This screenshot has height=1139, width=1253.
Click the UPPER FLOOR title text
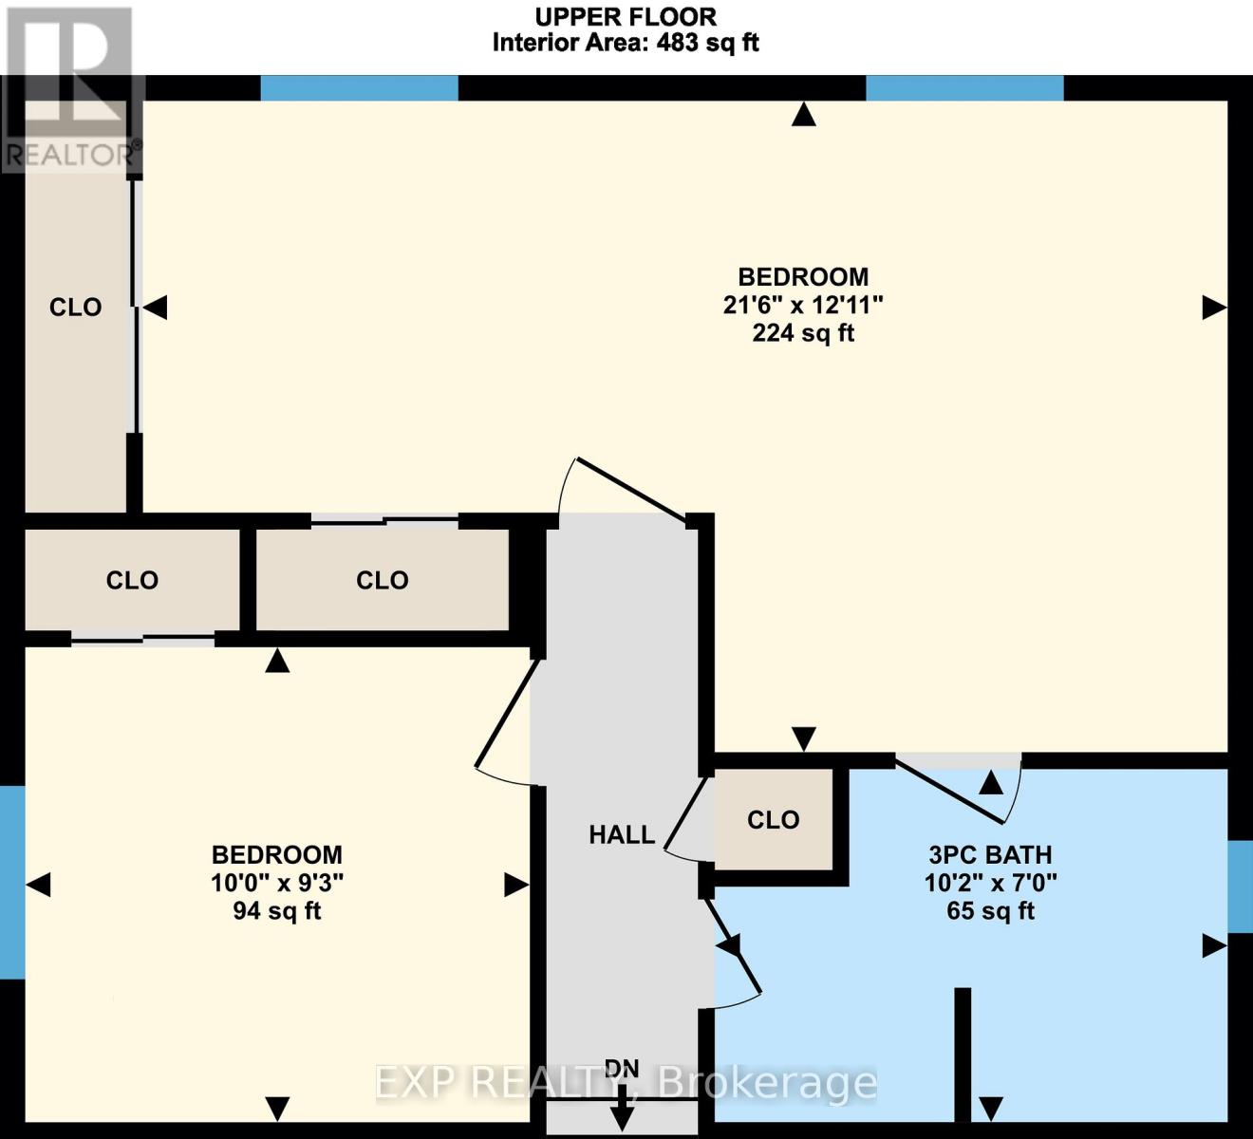626,16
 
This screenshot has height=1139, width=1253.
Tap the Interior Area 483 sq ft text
626,43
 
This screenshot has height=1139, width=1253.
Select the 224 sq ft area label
803,333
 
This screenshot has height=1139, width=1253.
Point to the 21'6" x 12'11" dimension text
803,305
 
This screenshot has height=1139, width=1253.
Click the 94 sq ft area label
276,911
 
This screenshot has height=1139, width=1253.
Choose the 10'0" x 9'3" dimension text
276,883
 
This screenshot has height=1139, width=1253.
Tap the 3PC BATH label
990,854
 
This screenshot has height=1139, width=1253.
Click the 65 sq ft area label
990,911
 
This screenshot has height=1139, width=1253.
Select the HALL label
622,834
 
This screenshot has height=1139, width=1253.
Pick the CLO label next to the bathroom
773,820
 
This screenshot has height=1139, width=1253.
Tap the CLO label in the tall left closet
75,307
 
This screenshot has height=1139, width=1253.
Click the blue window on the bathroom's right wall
1240,886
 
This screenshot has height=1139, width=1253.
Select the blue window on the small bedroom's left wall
11,883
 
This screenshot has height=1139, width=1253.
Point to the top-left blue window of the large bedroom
359,88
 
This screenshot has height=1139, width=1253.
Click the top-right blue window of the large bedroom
964,88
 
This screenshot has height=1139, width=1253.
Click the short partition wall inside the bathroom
963,1054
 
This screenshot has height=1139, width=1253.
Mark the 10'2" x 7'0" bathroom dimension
990,883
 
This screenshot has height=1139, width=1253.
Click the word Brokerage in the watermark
767,1082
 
